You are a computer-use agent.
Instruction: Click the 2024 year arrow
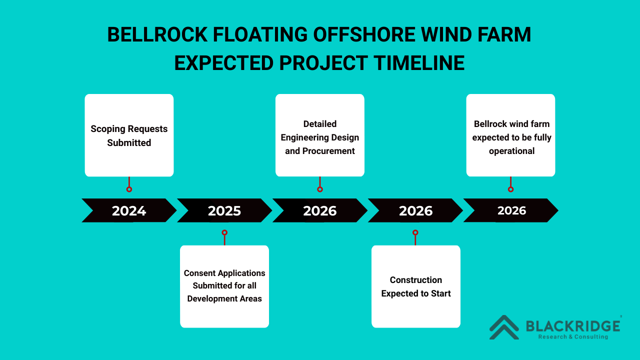click(129, 210)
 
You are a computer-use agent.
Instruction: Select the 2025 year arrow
click(224, 210)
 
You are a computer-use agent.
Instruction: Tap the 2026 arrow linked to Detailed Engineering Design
click(320, 210)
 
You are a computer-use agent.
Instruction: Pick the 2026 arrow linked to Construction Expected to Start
click(415, 210)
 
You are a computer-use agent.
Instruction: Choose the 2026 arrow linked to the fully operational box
click(511, 210)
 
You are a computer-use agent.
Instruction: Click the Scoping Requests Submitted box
click(129, 135)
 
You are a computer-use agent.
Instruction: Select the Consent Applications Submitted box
click(224, 286)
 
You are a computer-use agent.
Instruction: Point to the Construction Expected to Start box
click(416, 286)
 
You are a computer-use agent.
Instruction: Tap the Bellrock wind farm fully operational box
click(511, 135)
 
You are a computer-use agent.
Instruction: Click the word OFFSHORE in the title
click(364, 34)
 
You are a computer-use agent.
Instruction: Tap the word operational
click(511, 151)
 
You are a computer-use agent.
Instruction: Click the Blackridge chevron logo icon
click(504, 327)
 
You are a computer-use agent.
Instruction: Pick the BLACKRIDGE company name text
click(573, 326)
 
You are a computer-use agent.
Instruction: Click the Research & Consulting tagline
click(573, 337)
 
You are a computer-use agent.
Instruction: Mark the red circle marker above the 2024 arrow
click(129, 189)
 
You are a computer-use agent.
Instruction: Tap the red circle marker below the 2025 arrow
click(224, 232)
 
